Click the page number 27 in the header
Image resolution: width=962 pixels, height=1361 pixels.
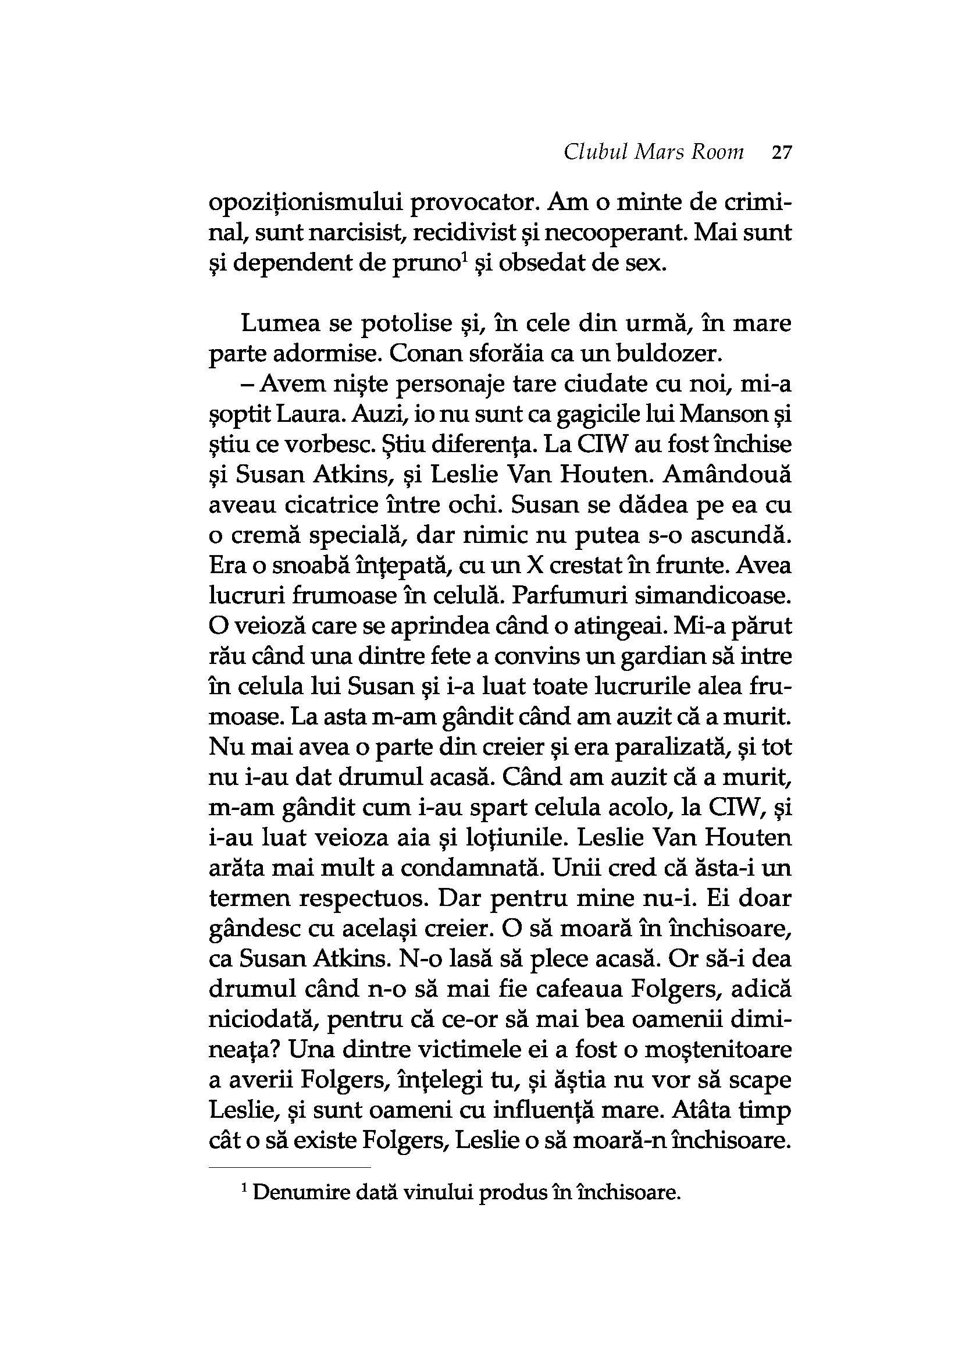click(x=781, y=153)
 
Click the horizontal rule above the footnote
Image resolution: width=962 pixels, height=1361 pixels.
click(x=290, y=1168)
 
